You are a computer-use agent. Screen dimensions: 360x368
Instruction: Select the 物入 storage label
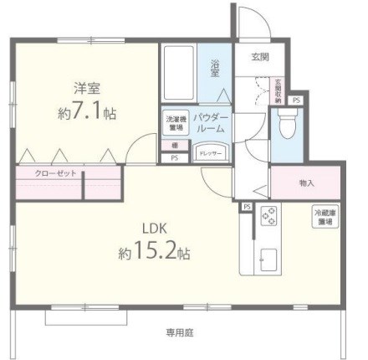coord(306,183)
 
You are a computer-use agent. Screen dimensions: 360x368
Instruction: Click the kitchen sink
coord(269,259)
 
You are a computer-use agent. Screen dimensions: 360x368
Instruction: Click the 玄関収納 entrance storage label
coord(278,89)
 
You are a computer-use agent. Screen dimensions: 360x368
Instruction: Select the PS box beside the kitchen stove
coord(247,205)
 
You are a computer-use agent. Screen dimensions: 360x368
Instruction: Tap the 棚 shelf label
coord(174,145)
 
